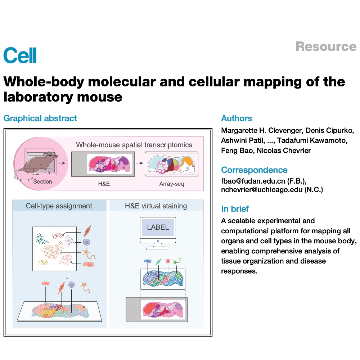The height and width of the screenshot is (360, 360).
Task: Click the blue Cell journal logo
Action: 20,55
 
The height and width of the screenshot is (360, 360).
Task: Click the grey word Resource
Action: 326,46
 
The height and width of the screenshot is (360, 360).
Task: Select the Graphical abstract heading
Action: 40,118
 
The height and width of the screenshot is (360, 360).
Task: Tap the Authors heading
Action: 237,118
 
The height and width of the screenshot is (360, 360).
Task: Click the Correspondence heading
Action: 254,170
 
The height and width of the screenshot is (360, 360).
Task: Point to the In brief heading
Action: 235,209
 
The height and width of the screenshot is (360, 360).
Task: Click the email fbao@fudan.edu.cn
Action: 253,181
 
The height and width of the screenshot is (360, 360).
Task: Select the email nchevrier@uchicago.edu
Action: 262,190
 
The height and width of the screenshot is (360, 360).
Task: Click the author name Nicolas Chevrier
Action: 284,150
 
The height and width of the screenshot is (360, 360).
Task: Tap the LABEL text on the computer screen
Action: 158,227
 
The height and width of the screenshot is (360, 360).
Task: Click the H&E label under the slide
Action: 104,184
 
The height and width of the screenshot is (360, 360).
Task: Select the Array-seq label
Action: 172,184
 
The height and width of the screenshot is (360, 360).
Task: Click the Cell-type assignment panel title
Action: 59,206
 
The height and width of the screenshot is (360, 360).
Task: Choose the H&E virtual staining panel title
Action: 156,206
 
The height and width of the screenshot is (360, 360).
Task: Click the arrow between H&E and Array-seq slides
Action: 140,163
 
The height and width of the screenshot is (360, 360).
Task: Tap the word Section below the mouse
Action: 43,181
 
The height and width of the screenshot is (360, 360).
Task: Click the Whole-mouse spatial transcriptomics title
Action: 134,145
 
